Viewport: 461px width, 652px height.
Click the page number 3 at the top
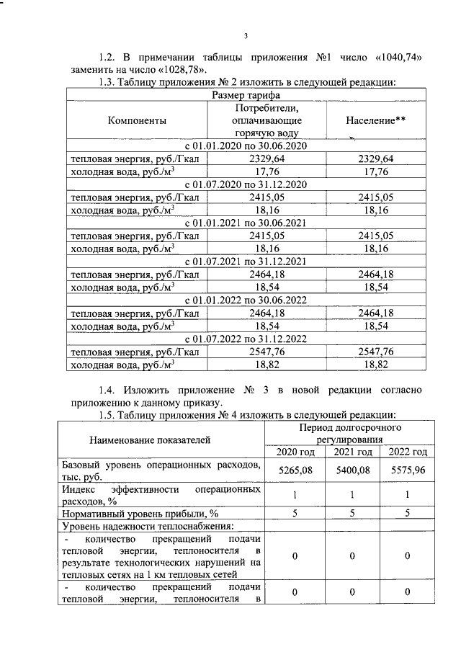[x=246, y=37]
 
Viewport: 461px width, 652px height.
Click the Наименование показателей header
[x=161, y=438]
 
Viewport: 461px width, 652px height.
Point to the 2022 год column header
[x=408, y=452]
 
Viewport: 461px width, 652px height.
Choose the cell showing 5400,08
[x=352, y=470]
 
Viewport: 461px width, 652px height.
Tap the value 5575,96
[x=408, y=470]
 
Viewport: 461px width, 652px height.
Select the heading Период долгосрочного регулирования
[x=351, y=433]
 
